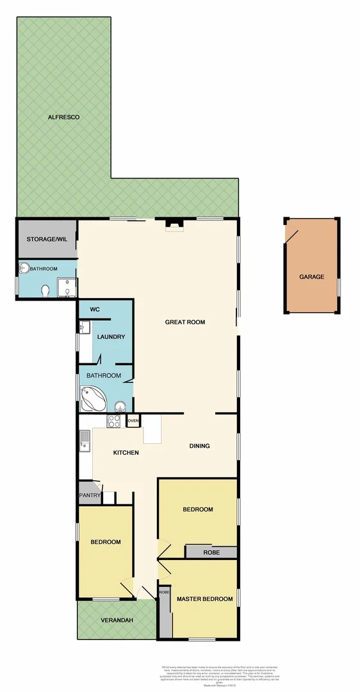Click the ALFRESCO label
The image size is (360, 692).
point(63,117)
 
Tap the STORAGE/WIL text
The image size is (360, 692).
point(46,239)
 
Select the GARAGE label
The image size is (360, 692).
point(311,277)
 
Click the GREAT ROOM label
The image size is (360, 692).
point(184,322)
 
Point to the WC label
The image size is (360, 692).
point(95,309)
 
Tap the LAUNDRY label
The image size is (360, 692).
point(110,336)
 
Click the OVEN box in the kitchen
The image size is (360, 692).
point(133,420)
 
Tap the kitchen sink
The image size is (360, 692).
point(85,440)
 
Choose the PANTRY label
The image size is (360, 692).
point(88,495)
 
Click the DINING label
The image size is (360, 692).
point(199,446)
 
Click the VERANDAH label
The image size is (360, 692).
point(116,620)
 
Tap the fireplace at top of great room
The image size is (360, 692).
point(174,224)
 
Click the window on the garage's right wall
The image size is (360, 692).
point(338,286)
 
